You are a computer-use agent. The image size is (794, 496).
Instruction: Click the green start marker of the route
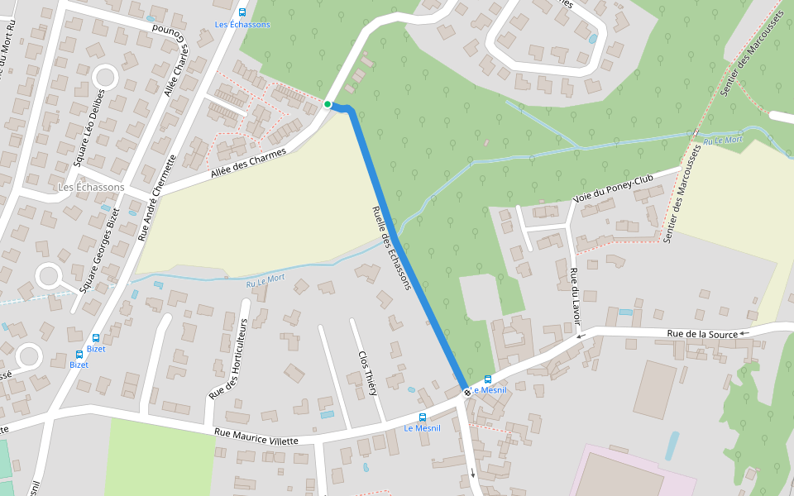coord(328,104)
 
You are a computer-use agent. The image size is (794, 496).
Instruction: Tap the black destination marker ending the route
coord(466,392)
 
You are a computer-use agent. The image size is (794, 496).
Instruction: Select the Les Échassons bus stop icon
coord(242,12)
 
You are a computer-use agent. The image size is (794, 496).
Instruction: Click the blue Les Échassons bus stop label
coord(242,25)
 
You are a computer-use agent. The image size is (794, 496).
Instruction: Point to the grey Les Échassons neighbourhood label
coord(91,188)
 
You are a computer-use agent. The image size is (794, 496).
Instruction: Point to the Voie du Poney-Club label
coord(613,189)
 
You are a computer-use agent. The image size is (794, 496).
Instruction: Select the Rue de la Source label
coord(703,334)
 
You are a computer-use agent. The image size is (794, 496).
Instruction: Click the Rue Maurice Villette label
coord(256,436)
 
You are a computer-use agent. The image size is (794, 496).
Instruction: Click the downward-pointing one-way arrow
coord(473,473)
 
